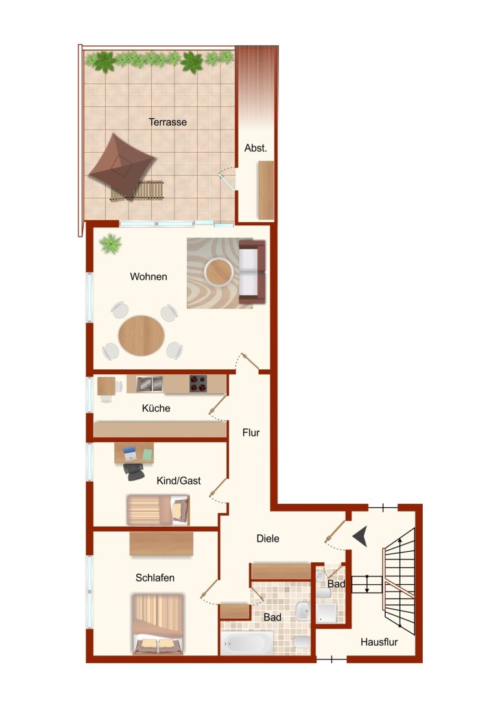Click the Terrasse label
click(x=168, y=122)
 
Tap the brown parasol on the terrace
click(x=121, y=165)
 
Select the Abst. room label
click(x=255, y=148)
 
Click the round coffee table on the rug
click(x=219, y=272)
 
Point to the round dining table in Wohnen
click(x=141, y=336)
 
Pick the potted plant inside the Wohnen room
click(x=111, y=244)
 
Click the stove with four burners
click(x=198, y=383)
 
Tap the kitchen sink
click(x=150, y=384)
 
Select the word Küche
click(x=156, y=408)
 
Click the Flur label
click(x=251, y=433)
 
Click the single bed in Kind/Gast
click(x=158, y=510)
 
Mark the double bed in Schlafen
click(x=158, y=624)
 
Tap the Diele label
click(x=268, y=538)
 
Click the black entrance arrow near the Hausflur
click(x=361, y=536)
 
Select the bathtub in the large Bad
click(x=247, y=643)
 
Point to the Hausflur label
click(x=379, y=642)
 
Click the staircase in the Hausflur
click(x=398, y=582)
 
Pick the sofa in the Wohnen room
click(x=252, y=272)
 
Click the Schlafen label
click(x=155, y=578)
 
